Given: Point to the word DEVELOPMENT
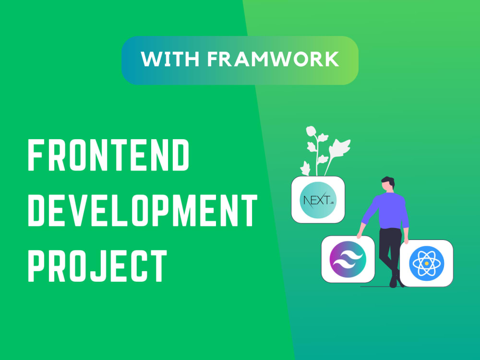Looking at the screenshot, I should point(142,212).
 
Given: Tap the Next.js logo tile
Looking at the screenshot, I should point(318,200).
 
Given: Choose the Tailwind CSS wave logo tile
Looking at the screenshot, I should point(348,259).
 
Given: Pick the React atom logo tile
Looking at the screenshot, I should point(426,264).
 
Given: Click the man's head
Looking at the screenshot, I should point(388,184).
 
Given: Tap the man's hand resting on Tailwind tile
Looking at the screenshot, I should point(359,235).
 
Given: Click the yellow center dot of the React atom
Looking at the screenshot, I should point(426,264).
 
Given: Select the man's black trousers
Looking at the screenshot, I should point(390,250).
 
